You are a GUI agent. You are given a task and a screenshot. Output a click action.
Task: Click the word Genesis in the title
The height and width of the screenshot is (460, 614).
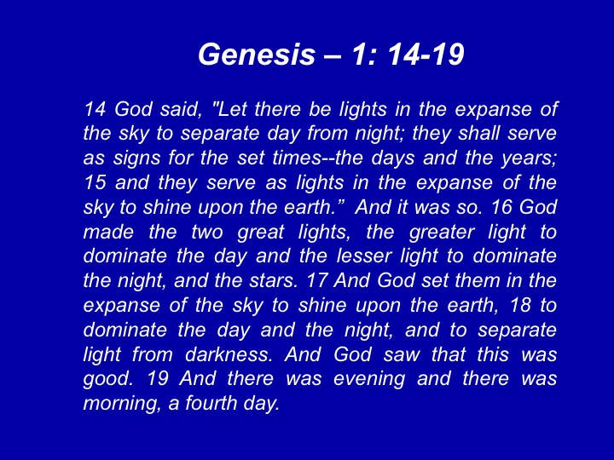pyautogui.click(x=257, y=54)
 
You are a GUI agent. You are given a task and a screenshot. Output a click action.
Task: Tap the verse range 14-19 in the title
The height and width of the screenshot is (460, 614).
pyautogui.click(x=426, y=54)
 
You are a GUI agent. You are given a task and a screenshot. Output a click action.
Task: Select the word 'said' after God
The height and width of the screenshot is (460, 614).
pyautogui.click(x=181, y=109)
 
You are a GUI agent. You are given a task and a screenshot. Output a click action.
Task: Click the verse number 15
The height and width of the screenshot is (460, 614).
pyautogui.click(x=95, y=182)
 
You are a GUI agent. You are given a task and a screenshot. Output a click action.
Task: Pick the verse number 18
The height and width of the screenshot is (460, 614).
pyautogui.click(x=520, y=306)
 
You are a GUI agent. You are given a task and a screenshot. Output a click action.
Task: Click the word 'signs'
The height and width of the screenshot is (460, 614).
pyautogui.click(x=137, y=158)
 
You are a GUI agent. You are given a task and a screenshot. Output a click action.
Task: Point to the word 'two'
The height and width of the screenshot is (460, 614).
pyautogui.click(x=207, y=232)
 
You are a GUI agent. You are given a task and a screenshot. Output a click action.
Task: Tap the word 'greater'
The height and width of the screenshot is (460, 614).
pyautogui.click(x=442, y=233)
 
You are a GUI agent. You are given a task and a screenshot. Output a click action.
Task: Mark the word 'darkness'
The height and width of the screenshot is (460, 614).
pyautogui.click(x=229, y=354)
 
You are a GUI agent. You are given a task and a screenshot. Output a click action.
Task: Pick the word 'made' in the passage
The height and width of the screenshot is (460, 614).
pyautogui.click(x=108, y=232)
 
